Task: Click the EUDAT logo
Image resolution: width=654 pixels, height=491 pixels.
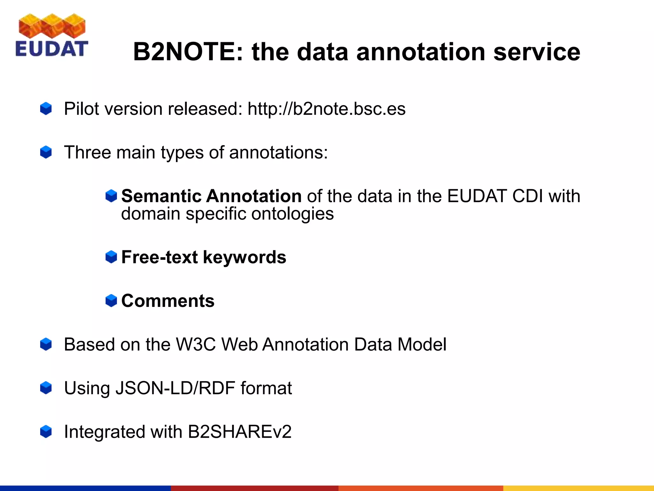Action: pos(51,35)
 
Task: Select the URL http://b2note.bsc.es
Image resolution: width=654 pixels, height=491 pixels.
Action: pos(326,109)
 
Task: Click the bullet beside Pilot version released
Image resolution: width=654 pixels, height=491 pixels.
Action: pos(46,109)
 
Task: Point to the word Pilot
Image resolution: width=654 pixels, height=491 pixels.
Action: pos(81,109)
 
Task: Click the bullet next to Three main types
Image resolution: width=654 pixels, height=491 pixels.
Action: pos(46,152)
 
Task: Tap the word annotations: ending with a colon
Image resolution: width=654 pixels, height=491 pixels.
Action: pos(278,152)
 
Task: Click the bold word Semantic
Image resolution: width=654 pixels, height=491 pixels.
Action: pos(162,196)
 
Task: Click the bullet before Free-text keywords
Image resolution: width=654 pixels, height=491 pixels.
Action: pos(111,257)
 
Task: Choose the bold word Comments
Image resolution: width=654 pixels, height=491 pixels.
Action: pos(168,301)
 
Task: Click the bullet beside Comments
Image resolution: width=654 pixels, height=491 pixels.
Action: pos(111,301)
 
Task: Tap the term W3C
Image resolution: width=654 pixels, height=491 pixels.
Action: pos(195,345)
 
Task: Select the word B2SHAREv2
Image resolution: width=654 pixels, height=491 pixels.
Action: pos(240,432)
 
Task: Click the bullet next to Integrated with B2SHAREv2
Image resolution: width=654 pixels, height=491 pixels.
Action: pos(46,432)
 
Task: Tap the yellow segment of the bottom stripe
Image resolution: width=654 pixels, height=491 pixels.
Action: pos(578,488)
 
